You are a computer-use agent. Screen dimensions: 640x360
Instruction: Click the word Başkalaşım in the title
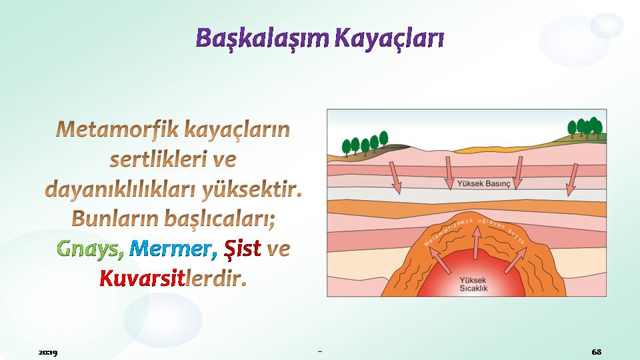[x=263, y=39]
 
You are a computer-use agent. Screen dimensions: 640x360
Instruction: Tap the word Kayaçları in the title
[x=389, y=39]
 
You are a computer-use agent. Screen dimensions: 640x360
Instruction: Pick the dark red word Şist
[x=243, y=247]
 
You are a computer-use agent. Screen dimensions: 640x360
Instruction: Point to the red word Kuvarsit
[x=143, y=278]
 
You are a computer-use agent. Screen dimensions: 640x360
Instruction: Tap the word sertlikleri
[x=158, y=159]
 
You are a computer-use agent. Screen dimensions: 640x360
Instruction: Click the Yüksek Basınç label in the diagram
[x=484, y=184]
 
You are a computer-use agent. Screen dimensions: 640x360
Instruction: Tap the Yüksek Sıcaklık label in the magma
[x=473, y=284]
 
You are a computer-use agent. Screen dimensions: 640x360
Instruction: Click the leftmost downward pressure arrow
[x=395, y=178]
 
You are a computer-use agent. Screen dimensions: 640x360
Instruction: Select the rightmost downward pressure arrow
[x=572, y=179]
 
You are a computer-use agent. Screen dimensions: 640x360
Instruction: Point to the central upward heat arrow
[x=476, y=243]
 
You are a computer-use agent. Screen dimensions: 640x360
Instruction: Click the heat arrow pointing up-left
[x=440, y=261]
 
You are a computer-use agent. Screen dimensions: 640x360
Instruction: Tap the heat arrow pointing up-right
[x=515, y=261]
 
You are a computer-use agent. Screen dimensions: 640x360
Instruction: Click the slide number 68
[x=596, y=351]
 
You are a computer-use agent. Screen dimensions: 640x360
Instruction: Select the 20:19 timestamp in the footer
[x=48, y=352]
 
